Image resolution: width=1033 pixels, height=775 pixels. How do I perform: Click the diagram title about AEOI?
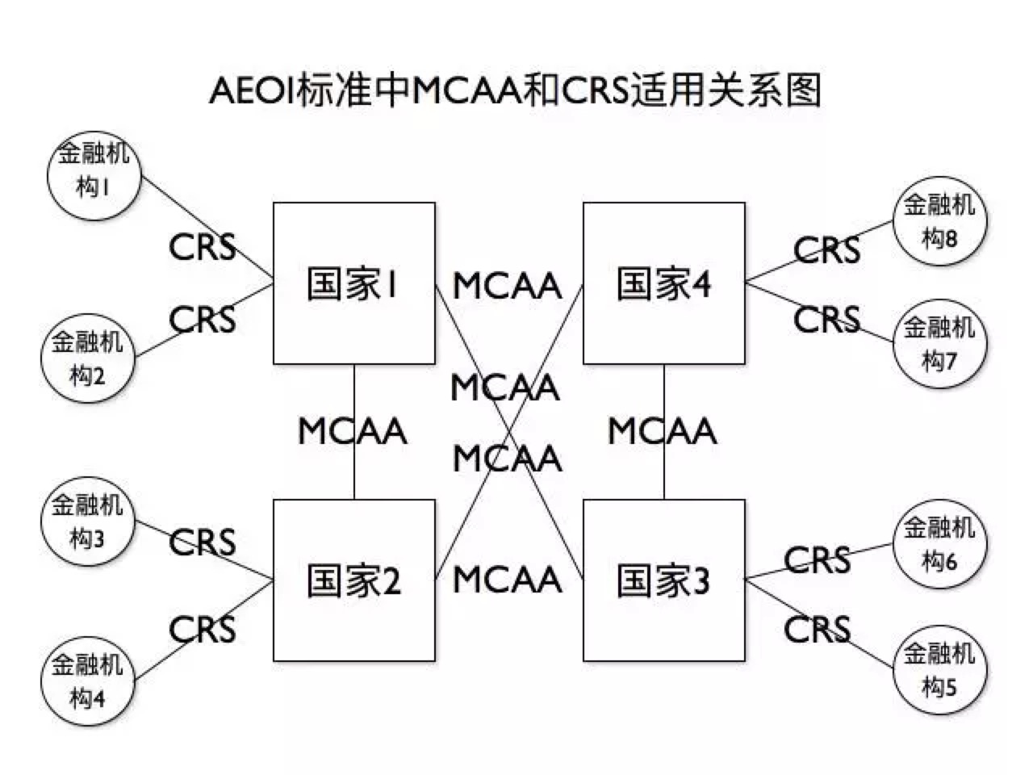coord(515,90)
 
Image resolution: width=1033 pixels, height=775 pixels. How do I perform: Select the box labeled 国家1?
coord(353,283)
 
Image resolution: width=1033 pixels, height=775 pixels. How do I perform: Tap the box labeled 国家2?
coord(353,580)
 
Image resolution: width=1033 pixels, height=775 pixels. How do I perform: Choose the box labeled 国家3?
coord(663,580)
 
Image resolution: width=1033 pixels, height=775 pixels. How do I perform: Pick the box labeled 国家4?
coord(663,283)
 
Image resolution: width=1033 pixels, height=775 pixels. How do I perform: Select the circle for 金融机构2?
coord(87,358)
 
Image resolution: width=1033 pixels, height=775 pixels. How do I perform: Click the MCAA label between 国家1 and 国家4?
coord(507,286)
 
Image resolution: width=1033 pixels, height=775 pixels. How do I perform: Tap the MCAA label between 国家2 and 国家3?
coord(507,580)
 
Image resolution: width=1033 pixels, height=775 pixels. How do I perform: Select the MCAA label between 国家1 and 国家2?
coord(353,431)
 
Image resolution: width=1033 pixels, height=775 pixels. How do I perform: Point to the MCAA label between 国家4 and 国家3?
coord(662,431)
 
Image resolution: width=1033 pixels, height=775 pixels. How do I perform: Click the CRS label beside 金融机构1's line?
coord(203,247)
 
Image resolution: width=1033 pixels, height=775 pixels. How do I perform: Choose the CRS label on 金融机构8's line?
coord(826,250)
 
